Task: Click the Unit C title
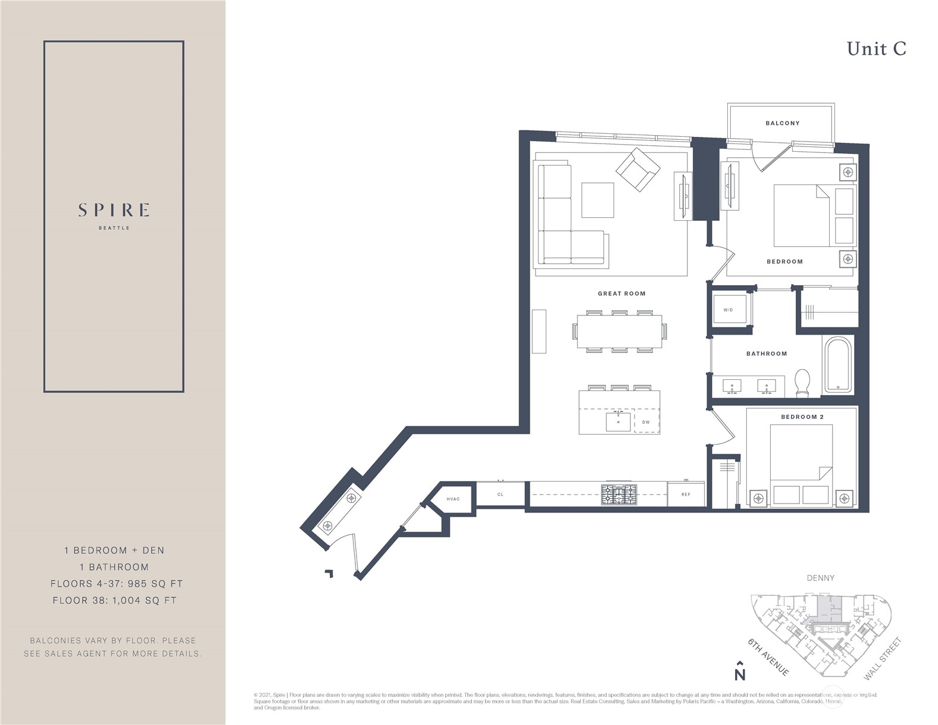pyautogui.click(x=876, y=49)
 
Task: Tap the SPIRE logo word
pyautogui.click(x=114, y=210)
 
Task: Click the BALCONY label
pyautogui.click(x=782, y=123)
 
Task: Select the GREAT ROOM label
pyautogui.click(x=621, y=293)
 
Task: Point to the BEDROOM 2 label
pyautogui.click(x=802, y=417)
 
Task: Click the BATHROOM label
pyautogui.click(x=767, y=354)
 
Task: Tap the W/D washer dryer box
pyautogui.click(x=729, y=310)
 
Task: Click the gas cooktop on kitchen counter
pyautogui.click(x=618, y=495)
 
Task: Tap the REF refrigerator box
pyautogui.click(x=686, y=495)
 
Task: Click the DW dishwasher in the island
pyautogui.click(x=646, y=422)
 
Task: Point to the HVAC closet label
pyautogui.click(x=454, y=499)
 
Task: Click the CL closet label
pyautogui.click(x=501, y=495)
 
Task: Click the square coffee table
pyautogui.click(x=598, y=200)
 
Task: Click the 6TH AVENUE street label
pyautogui.click(x=768, y=657)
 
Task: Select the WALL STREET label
pyautogui.click(x=883, y=659)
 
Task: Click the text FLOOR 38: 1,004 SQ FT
pyautogui.click(x=114, y=601)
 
